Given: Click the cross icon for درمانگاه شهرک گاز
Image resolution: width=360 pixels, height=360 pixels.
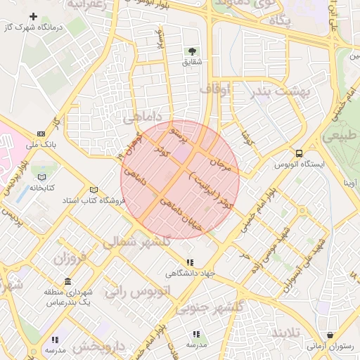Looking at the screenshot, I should pyautogui.click(x=33, y=15).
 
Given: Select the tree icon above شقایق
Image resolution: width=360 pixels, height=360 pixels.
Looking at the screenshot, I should pyautogui.click(x=191, y=51).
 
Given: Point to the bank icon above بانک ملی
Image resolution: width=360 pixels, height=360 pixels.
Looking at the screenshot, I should pyautogui.click(x=40, y=134).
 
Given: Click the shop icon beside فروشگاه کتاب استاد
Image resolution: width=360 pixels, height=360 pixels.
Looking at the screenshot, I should pyautogui.click(x=94, y=189).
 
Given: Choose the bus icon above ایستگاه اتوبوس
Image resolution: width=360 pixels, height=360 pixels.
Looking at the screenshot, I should pyautogui.click(x=300, y=153).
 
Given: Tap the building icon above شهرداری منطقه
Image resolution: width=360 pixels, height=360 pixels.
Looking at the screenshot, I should pyautogui.click(x=67, y=281).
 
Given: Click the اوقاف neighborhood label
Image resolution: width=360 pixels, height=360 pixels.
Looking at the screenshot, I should pyautogui.click(x=214, y=90).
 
